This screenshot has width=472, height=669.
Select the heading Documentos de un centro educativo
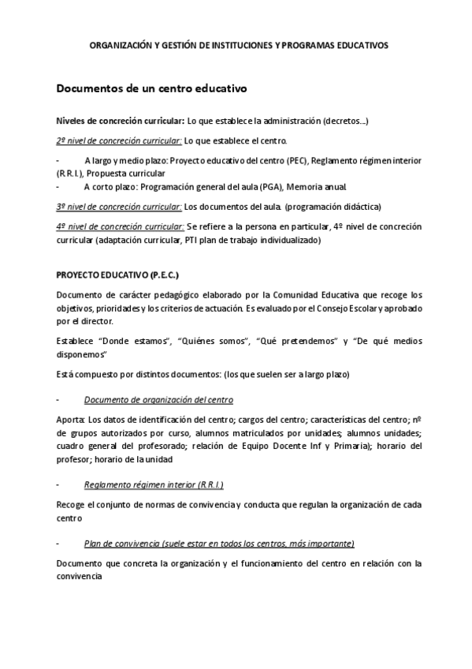tap(151, 88)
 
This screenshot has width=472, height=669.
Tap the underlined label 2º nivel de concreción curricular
tap(118, 141)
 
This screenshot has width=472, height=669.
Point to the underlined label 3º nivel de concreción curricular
tap(118, 207)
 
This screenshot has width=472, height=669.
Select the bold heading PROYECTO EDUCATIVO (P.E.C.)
tap(117, 275)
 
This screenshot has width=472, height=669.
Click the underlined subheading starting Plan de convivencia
tap(218, 544)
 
